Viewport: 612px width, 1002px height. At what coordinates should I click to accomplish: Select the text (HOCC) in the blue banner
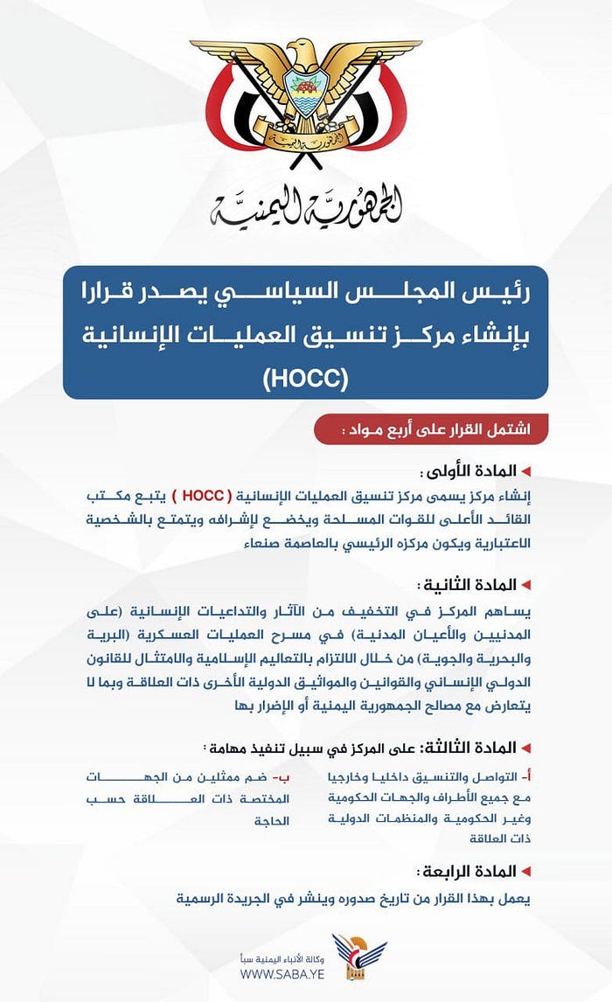[305, 378]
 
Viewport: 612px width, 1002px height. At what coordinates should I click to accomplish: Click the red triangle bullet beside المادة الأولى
[526, 472]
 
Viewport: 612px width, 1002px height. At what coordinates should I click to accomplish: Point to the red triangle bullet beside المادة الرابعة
[526, 871]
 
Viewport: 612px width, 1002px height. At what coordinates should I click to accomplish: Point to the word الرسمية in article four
[200, 898]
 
